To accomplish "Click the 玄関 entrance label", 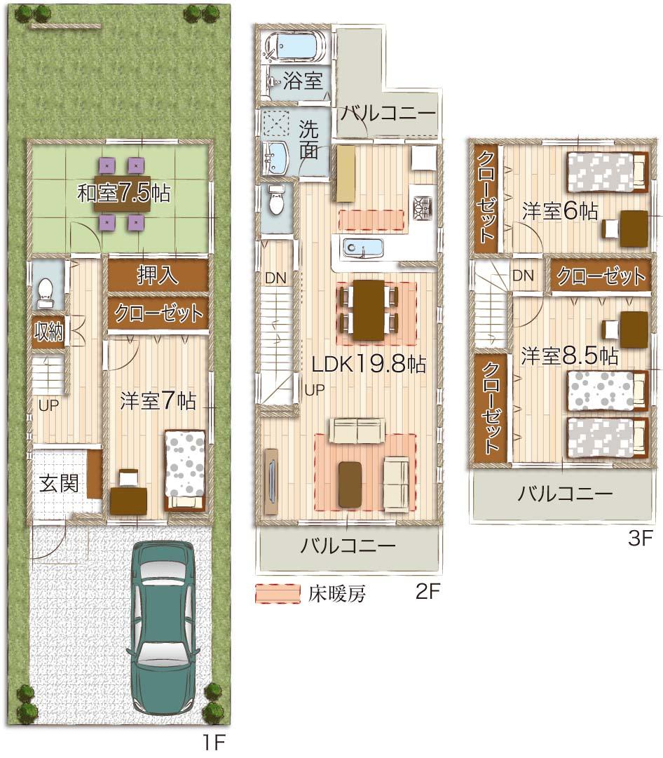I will (x=58, y=483).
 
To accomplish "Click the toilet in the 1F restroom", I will (x=46, y=292).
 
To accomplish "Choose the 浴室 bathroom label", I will (x=303, y=81).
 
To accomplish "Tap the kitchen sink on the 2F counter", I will (x=362, y=248).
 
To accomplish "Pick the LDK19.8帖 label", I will (x=369, y=365).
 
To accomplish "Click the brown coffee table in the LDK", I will (x=350, y=483).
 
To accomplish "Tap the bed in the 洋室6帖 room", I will (x=606, y=172).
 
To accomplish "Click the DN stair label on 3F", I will (x=523, y=276).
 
